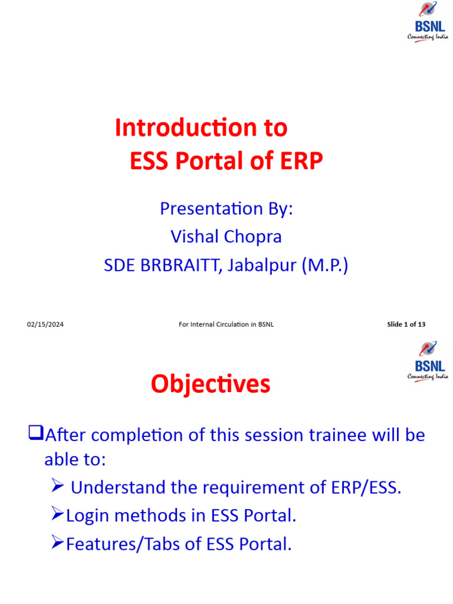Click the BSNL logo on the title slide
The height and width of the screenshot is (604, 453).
(x=428, y=22)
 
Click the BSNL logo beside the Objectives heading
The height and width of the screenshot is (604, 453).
(x=428, y=361)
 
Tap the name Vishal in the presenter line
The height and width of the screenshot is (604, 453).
(x=195, y=237)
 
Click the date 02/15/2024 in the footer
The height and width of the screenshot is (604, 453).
(x=45, y=324)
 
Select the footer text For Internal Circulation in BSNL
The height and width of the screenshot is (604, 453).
(x=226, y=324)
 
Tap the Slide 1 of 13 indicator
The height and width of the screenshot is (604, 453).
(x=406, y=324)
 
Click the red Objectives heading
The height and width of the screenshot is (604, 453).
(x=211, y=385)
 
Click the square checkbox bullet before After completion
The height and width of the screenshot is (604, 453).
(x=36, y=435)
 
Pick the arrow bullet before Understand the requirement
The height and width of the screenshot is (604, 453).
(x=57, y=487)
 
